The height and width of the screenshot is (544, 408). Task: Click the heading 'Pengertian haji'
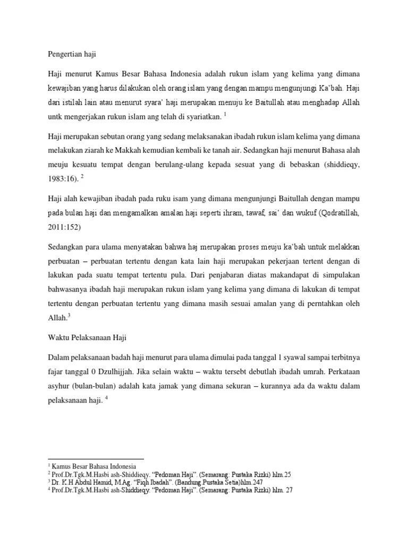71,53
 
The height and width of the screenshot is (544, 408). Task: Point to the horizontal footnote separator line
96,459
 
